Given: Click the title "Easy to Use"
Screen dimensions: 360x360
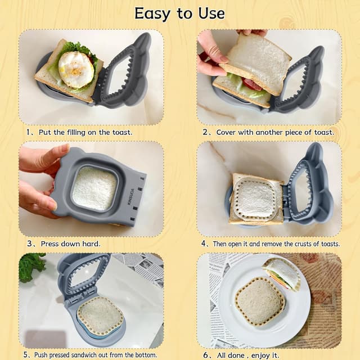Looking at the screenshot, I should (179, 13).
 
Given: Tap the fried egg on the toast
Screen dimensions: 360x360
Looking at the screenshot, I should (76, 69).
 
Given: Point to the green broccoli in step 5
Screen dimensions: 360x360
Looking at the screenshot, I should (31, 266).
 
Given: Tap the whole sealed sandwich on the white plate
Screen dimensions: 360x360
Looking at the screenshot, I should (259, 301).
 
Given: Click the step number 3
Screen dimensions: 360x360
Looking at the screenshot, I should (29, 244).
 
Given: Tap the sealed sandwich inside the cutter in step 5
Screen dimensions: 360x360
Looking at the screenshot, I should (100, 316).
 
